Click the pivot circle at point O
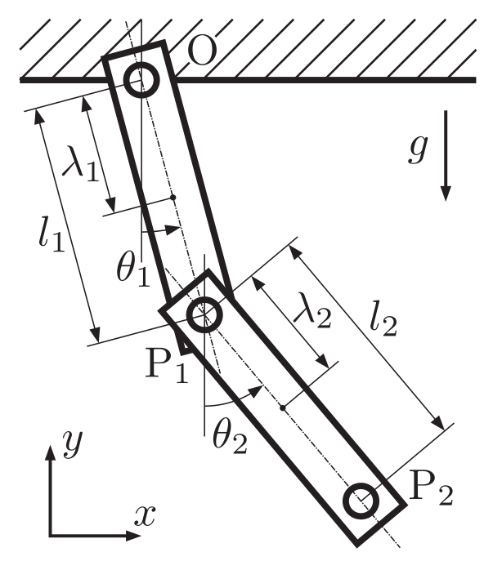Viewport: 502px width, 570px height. (x=141, y=80)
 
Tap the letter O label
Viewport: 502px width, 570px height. (x=203, y=51)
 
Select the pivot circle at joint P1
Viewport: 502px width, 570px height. (x=204, y=314)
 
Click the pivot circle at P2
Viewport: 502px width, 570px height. (x=361, y=501)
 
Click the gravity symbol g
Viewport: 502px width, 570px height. (x=417, y=149)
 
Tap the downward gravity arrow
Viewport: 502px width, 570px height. (x=446, y=156)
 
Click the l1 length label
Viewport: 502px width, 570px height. (x=52, y=233)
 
